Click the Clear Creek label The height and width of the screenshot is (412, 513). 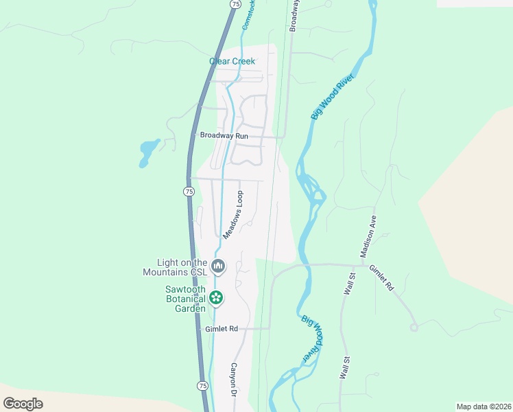[x=232, y=62]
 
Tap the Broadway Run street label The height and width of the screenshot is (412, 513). [x=224, y=136]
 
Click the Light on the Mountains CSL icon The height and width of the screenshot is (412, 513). [x=218, y=266]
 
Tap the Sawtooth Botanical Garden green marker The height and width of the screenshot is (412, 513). [x=216, y=297]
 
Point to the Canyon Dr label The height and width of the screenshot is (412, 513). [x=233, y=380]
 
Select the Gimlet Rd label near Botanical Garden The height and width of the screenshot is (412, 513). [x=221, y=330]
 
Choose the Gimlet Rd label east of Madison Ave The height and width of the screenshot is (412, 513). [x=381, y=277]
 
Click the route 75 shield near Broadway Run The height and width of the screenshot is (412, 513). [x=189, y=192]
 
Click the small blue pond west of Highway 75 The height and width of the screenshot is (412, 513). [x=147, y=153]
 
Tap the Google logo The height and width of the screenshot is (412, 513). [x=23, y=404]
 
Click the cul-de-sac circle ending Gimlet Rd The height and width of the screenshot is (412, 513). [x=414, y=328]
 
